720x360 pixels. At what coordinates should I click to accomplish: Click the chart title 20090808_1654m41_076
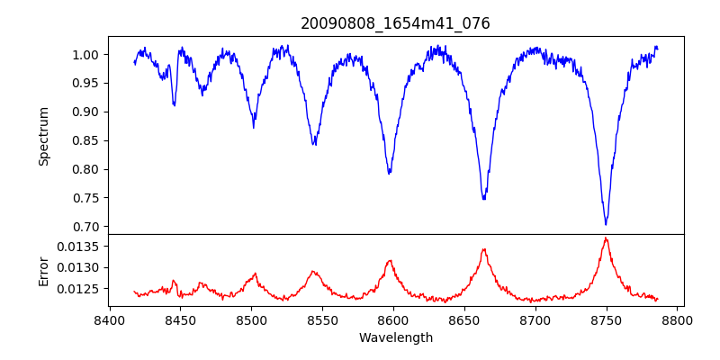pyautogui.click(x=395, y=23)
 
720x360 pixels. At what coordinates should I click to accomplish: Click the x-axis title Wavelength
pyautogui.click(x=395, y=337)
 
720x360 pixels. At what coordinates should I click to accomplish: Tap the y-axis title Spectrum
pyautogui.click(x=43, y=136)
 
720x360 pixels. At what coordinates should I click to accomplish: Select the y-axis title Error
pyautogui.click(x=43, y=270)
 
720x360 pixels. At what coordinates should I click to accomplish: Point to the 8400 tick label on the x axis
pyautogui.click(x=109, y=319)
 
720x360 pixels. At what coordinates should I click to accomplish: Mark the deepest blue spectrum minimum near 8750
pyautogui.click(x=606, y=223)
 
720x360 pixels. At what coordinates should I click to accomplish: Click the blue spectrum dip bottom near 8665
pyautogui.click(x=484, y=198)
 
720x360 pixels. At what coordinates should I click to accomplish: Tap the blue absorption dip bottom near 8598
pyautogui.click(x=390, y=173)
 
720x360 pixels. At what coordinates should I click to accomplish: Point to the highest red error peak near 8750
pyautogui.click(x=606, y=238)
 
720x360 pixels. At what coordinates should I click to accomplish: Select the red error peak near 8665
pyautogui.click(x=484, y=249)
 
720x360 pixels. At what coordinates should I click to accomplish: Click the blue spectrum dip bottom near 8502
pyautogui.click(x=254, y=126)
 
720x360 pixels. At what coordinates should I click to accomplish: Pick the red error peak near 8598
pyautogui.click(x=390, y=261)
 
